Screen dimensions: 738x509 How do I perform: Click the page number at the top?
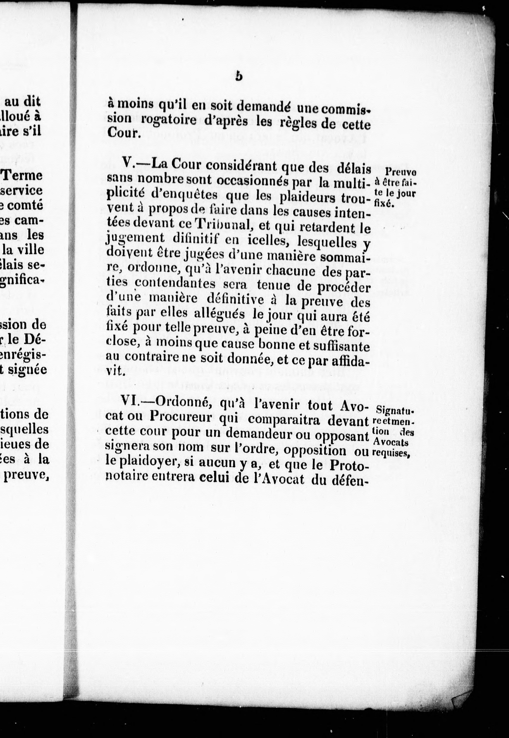point(239,77)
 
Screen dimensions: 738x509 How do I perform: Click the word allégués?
point(219,314)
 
